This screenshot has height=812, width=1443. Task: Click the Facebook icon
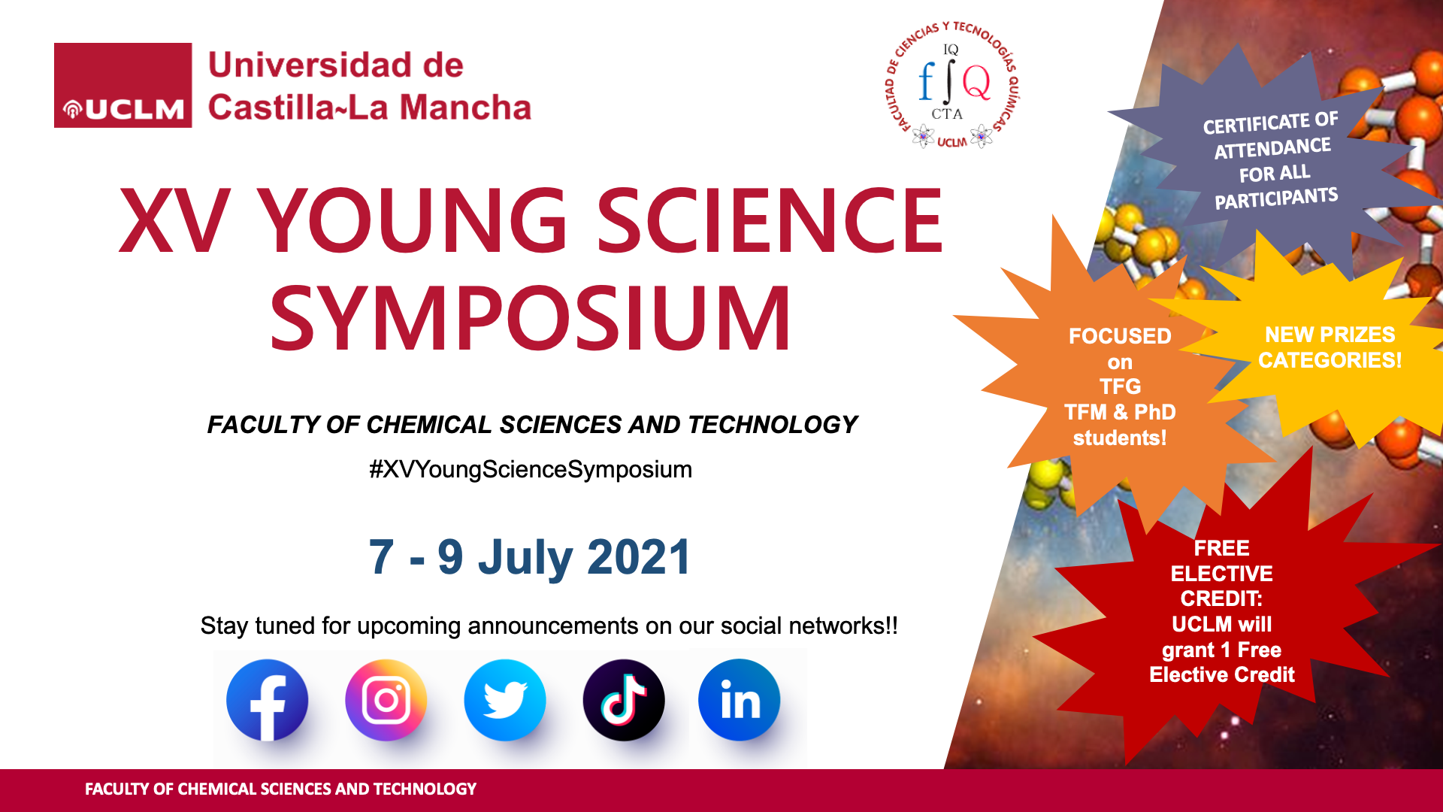click(x=267, y=700)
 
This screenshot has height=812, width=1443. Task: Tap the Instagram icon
click(x=386, y=700)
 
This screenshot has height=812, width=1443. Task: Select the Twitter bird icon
click(x=504, y=700)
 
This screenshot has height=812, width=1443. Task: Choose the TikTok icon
click(x=623, y=700)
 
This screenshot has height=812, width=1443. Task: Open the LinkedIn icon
click(x=740, y=700)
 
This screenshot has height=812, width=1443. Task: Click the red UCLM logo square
click(x=123, y=85)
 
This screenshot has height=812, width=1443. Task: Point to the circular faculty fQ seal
click(x=951, y=85)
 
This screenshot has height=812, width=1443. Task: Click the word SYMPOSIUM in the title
click(x=531, y=318)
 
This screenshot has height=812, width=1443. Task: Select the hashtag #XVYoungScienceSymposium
click(x=531, y=470)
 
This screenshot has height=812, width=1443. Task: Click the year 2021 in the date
click(x=638, y=558)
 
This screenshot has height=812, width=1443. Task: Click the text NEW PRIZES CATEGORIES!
click(x=1330, y=347)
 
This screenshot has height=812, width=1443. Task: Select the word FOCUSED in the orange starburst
click(x=1120, y=336)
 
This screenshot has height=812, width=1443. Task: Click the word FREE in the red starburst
click(x=1222, y=548)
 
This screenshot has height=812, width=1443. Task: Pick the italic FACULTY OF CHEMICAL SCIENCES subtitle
click(x=532, y=425)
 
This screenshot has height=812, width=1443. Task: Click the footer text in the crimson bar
click(x=280, y=789)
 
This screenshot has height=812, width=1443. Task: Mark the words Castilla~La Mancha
click(x=370, y=108)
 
